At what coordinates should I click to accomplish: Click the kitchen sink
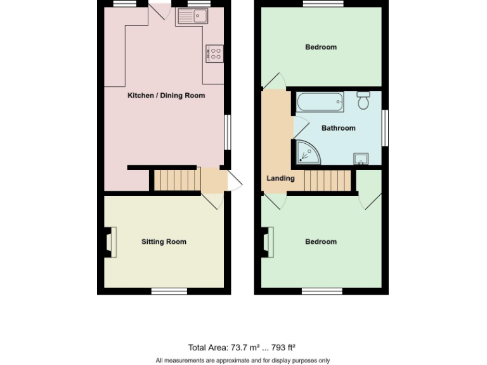(192, 18)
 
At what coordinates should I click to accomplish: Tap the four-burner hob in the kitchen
(214, 54)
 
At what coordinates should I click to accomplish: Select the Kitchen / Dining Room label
(166, 96)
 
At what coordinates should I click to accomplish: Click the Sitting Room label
(164, 241)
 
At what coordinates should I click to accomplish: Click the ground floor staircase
(177, 180)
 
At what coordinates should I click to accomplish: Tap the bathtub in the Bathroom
(320, 102)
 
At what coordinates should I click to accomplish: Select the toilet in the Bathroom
(363, 100)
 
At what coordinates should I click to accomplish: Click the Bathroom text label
(338, 128)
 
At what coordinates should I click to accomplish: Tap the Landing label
(280, 178)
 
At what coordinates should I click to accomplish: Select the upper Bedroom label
(321, 47)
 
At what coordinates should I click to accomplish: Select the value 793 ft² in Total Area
(283, 347)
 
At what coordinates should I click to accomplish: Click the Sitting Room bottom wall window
(169, 291)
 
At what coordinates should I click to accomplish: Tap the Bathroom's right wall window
(385, 127)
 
